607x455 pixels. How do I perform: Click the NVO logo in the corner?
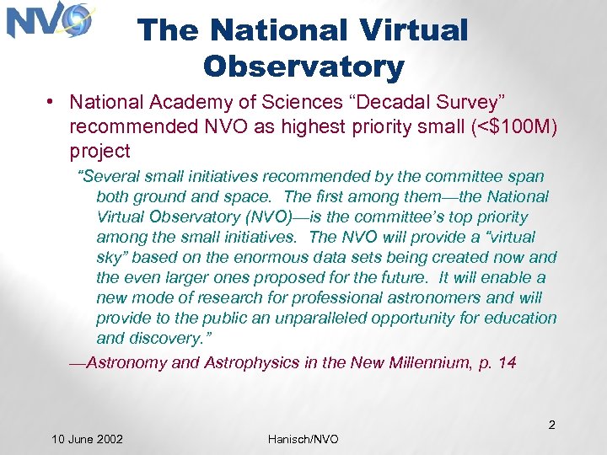pyautogui.click(x=48, y=22)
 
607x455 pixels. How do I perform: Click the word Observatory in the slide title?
pyautogui.click(x=303, y=67)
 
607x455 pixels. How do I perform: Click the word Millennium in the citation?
pyautogui.click(x=411, y=362)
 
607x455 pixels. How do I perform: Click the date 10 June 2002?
pyautogui.click(x=87, y=439)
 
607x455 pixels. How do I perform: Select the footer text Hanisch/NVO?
pyautogui.click(x=303, y=439)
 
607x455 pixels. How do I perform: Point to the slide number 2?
pyautogui.click(x=551, y=425)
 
